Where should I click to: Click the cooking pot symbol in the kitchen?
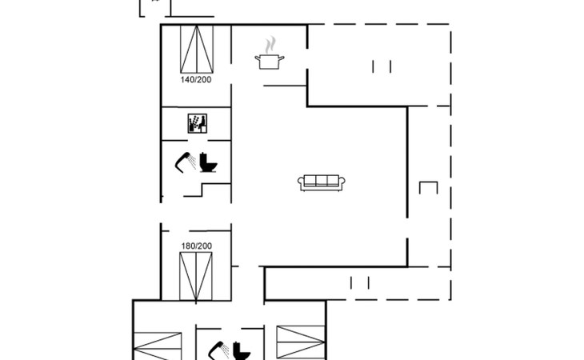pos(270,62)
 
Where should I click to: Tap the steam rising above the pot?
pos(270,45)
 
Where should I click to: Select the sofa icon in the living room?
pos(322,182)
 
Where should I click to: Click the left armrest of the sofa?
pos(301,182)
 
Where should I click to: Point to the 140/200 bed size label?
pos(196,80)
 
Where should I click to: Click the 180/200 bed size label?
pos(197,246)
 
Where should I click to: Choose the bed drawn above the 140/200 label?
pos(197,49)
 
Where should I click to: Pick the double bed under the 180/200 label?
pos(196,276)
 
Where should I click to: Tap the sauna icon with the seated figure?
pos(198,123)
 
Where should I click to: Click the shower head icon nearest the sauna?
pos(186,162)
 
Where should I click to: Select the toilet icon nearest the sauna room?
pos(208,162)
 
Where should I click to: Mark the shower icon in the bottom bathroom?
pos(219,350)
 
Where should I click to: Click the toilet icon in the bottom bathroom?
pos(242,350)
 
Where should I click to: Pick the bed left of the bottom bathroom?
pos(158,346)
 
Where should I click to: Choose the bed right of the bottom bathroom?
pos(301,342)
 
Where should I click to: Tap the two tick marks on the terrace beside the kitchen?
pos(382,66)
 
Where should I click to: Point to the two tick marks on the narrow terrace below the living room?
pos(360,283)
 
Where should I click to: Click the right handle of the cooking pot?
pos(281,58)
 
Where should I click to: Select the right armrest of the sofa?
pos(342,182)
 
